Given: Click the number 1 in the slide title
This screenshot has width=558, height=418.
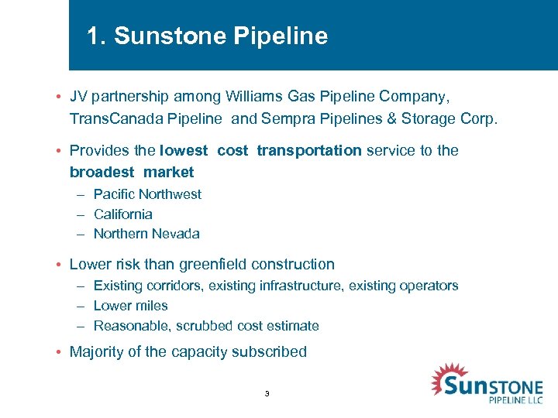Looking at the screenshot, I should [x=94, y=36].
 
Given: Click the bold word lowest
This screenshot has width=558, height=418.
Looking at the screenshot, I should [x=184, y=150].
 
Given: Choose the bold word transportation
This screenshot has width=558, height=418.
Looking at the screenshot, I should [x=309, y=150].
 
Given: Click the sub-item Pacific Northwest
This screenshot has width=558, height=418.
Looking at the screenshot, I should [x=147, y=194].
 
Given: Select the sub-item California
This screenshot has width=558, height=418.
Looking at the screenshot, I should [x=122, y=214].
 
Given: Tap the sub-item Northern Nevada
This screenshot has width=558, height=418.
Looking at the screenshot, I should [x=146, y=234].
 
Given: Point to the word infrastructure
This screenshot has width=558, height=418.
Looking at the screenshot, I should [x=298, y=286].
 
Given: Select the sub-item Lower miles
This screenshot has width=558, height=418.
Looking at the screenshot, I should [x=130, y=306].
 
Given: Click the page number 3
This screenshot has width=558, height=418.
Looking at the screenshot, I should [x=267, y=394].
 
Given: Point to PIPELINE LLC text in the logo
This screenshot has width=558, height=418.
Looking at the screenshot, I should [x=516, y=400].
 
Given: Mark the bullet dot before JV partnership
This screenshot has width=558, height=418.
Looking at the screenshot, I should [x=59, y=98].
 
